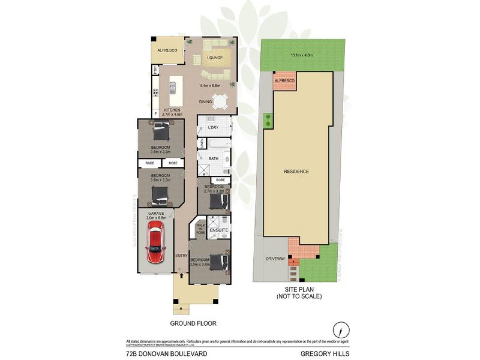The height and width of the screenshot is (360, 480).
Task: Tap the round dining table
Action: pyautogui.click(x=220, y=101)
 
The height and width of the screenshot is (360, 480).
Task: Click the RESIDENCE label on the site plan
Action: pyautogui.click(x=296, y=171)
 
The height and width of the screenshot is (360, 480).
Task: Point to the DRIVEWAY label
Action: pyautogui.click(x=275, y=259)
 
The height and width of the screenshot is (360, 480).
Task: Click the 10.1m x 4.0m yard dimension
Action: pyautogui.click(x=302, y=55)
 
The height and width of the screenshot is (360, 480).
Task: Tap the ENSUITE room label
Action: pyautogui.click(x=219, y=230)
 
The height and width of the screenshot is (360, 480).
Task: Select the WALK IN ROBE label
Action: pyautogui.click(x=200, y=229)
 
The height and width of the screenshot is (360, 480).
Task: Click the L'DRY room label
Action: pyautogui.click(x=213, y=127)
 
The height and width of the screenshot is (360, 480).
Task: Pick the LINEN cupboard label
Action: pyautogui.click(x=202, y=144)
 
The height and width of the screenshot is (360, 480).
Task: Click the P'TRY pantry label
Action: pyautogui.click(x=155, y=69)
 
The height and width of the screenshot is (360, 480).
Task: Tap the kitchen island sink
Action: pyautogui.click(x=172, y=88)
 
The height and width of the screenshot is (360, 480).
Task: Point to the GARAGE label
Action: pyautogui.click(x=156, y=213)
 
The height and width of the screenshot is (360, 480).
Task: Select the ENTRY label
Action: pyautogui.click(x=181, y=256)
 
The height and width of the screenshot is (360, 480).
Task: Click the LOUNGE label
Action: pyautogui.click(x=215, y=58)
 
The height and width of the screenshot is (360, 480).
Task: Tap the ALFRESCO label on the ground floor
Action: pyautogui.click(x=167, y=50)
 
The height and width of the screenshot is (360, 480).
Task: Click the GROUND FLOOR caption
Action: pyautogui.click(x=193, y=323)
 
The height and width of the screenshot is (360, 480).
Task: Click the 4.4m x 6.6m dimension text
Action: pyautogui.click(x=210, y=85)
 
